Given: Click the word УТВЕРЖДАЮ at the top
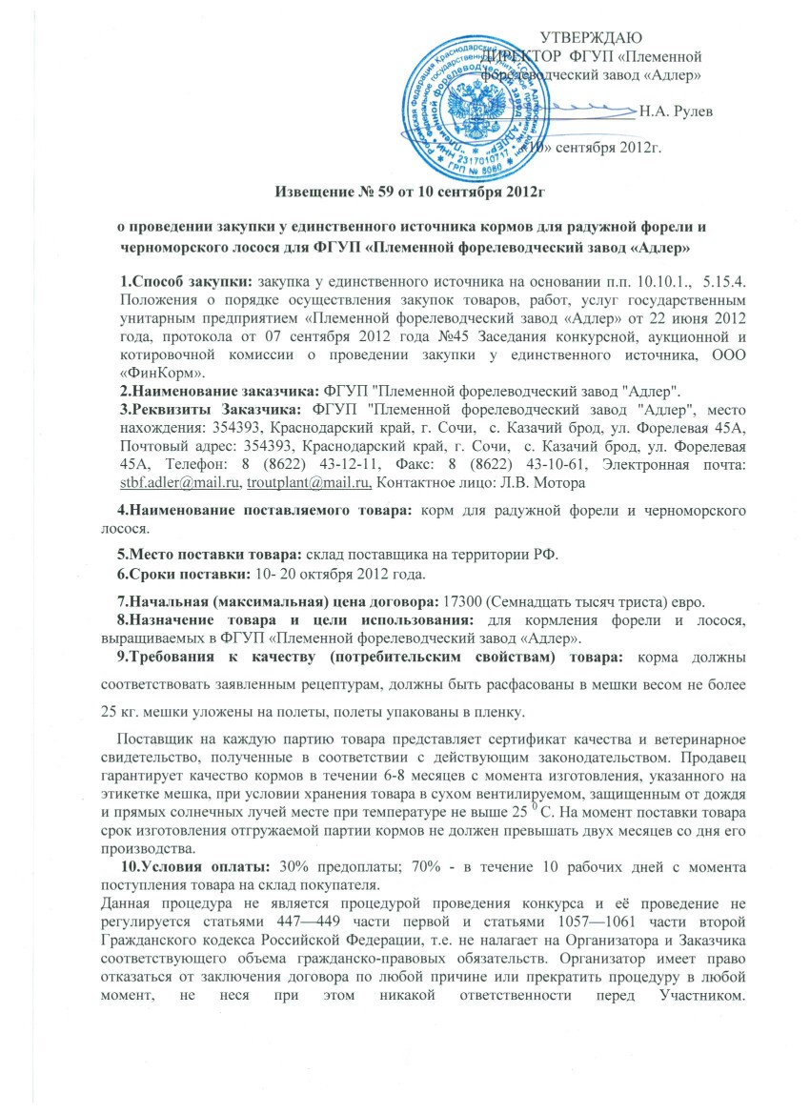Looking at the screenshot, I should click(597, 37).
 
